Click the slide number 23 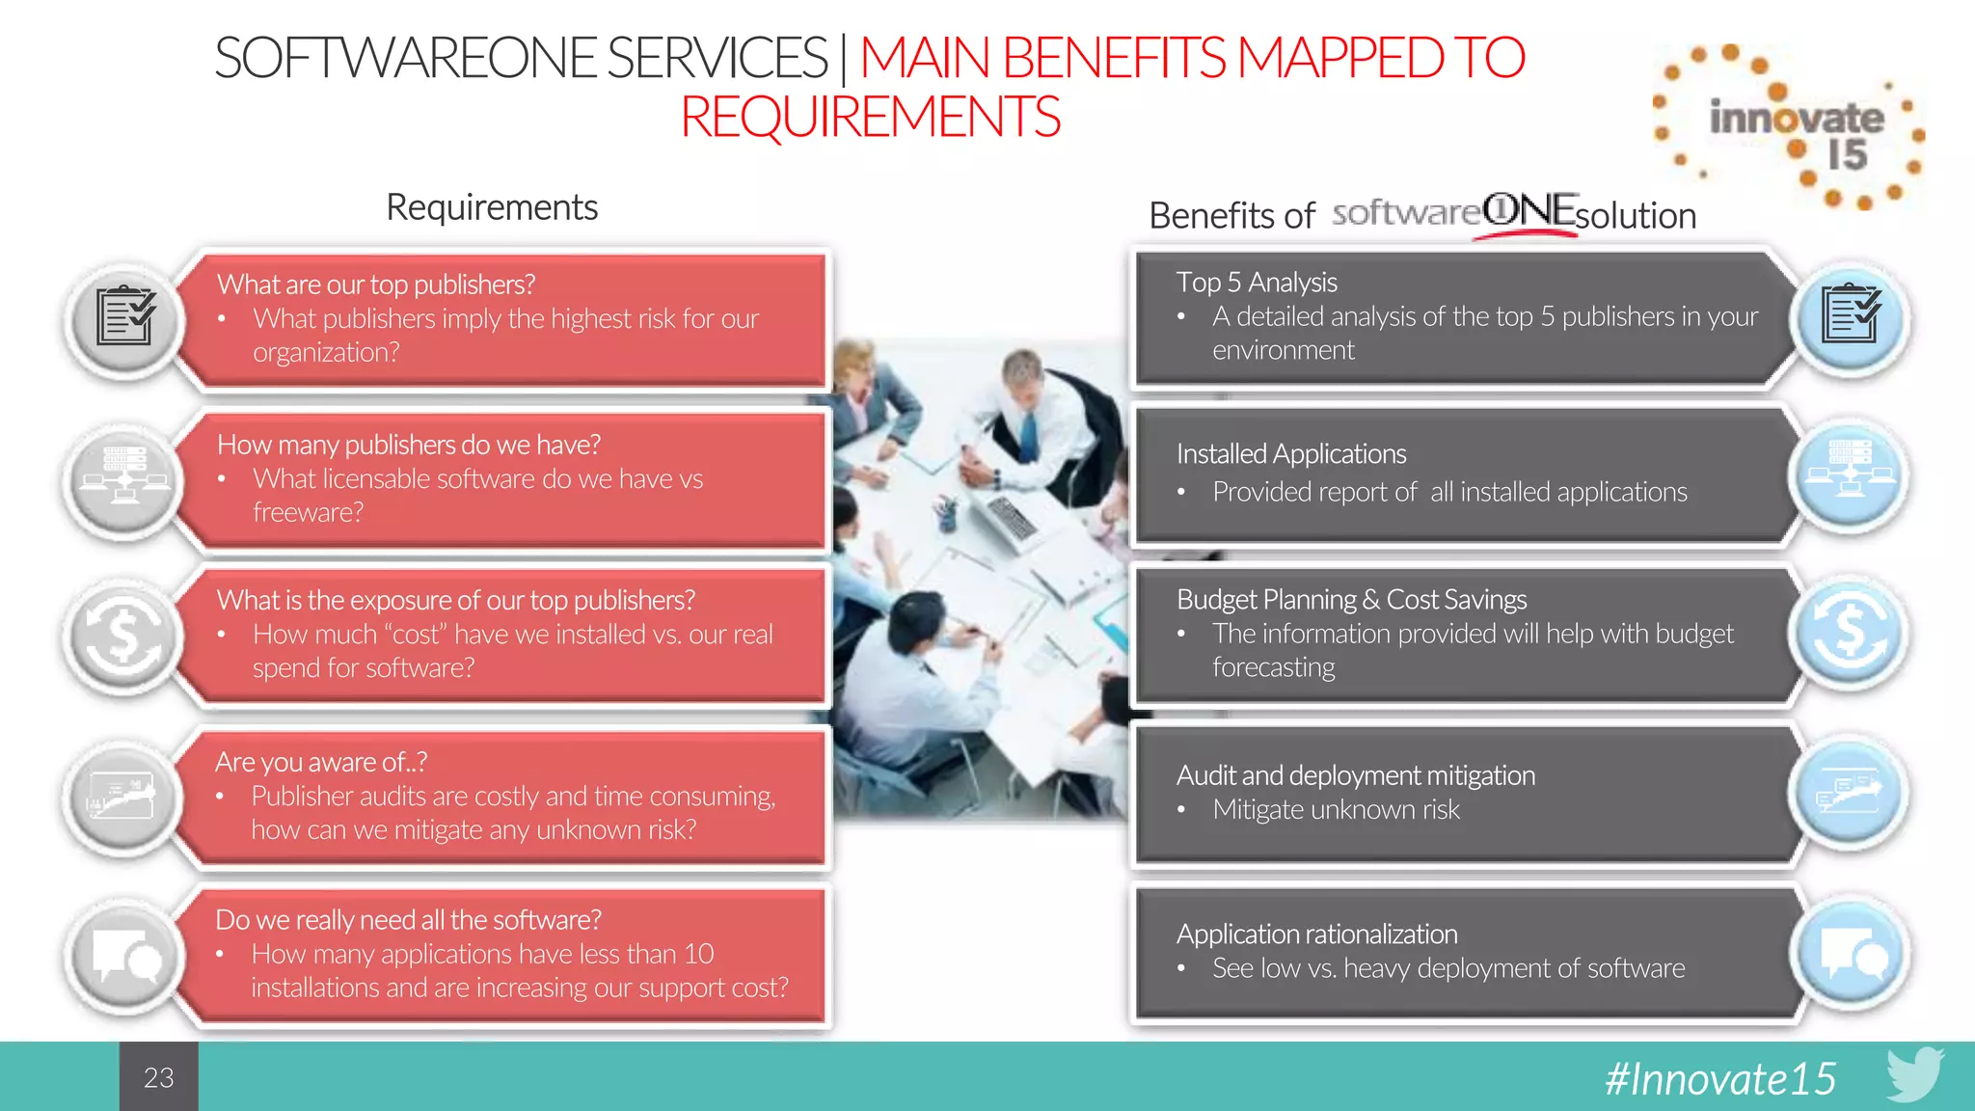(x=158, y=1077)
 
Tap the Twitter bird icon (x=1914, y=1073)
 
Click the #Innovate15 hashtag (x=1719, y=1078)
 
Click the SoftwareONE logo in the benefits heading (x=1454, y=211)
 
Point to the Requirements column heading (x=492, y=207)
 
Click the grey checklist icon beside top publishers (x=124, y=317)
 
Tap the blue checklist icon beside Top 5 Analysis (x=1850, y=315)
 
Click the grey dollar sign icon (x=124, y=636)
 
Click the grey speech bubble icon (x=124, y=956)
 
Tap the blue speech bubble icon (x=1850, y=954)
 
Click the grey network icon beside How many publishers (x=124, y=476)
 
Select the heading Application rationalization (x=1316, y=934)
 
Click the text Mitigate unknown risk (x=1336, y=809)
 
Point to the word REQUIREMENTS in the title (x=870, y=117)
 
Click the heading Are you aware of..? (x=321, y=762)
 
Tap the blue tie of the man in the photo (x=1029, y=435)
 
